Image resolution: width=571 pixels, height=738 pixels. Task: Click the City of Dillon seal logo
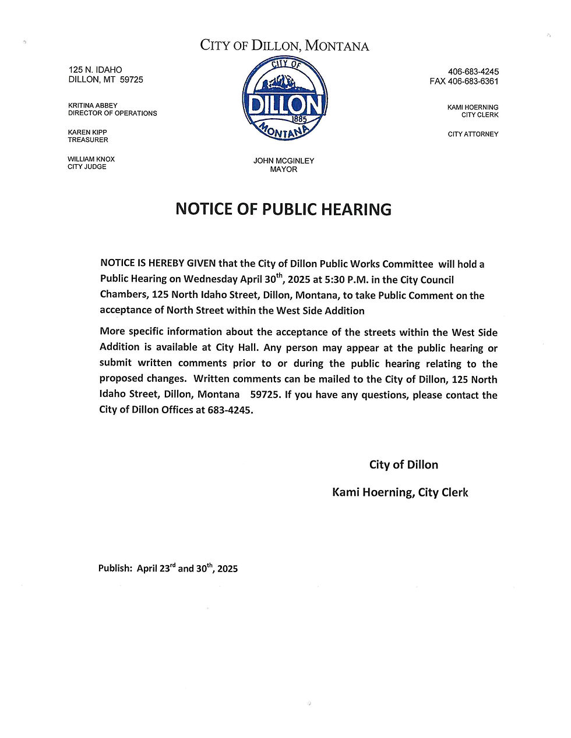pos(284,98)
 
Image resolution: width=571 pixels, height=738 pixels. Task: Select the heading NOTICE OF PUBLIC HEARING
pos(283,210)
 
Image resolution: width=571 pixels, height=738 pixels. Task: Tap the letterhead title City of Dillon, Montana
pos(284,45)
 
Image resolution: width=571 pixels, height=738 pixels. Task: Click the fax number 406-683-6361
pos(473,81)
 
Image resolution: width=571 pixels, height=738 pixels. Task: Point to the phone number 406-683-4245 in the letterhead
pos(473,72)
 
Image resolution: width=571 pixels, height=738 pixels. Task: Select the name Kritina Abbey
pos(93,105)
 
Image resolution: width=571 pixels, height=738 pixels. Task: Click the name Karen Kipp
pos(87,132)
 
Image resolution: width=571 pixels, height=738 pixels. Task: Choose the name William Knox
pos(91,159)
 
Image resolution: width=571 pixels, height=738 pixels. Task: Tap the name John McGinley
pos(284,161)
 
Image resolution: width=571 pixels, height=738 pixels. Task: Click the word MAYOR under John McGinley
pos(284,169)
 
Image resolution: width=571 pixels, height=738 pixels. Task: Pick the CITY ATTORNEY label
pos(473,134)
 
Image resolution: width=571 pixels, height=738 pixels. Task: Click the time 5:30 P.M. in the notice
pos(347,280)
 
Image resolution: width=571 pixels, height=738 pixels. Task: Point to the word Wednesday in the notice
pos(210,280)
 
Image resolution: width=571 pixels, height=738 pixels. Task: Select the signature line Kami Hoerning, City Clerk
pos(400,492)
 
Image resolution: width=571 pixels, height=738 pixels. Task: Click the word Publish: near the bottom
pos(115,569)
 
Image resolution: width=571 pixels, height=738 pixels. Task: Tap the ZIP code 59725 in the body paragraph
pos(265,395)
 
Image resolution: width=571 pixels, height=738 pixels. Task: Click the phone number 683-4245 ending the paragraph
pos(230,410)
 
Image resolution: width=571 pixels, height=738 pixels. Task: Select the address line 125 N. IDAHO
pos(96,70)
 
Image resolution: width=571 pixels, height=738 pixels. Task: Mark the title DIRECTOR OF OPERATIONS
pos(112,113)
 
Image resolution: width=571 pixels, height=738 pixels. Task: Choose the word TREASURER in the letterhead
pos(88,140)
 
